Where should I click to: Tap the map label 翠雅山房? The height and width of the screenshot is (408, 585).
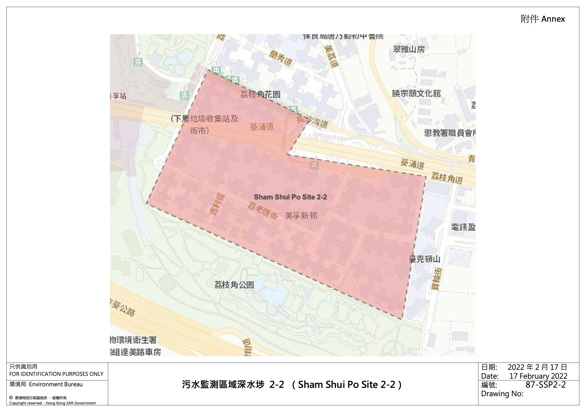(x=409, y=49)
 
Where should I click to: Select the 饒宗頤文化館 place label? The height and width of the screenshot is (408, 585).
(x=416, y=93)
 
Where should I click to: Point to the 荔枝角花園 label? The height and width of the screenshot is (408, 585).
(x=260, y=94)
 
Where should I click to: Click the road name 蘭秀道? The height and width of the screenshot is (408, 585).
(x=281, y=58)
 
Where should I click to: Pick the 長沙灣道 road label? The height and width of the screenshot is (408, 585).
(x=312, y=122)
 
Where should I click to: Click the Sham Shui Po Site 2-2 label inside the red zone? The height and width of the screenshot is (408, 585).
(x=290, y=197)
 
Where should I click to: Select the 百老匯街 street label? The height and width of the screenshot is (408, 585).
(x=262, y=211)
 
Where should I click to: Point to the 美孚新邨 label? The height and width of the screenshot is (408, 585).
(x=301, y=216)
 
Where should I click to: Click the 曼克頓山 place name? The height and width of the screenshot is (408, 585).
(x=424, y=259)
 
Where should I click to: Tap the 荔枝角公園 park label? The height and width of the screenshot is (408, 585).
(x=234, y=285)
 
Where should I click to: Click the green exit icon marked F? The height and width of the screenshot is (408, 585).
(x=138, y=62)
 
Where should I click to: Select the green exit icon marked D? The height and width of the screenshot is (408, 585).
(x=185, y=95)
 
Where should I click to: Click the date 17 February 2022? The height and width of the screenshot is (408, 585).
(x=538, y=376)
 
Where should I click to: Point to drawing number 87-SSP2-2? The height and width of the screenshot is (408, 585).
(x=546, y=385)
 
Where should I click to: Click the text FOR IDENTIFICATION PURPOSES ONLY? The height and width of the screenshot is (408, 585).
(x=56, y=374)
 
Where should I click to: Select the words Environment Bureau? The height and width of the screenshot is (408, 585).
(x=56, y=384)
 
